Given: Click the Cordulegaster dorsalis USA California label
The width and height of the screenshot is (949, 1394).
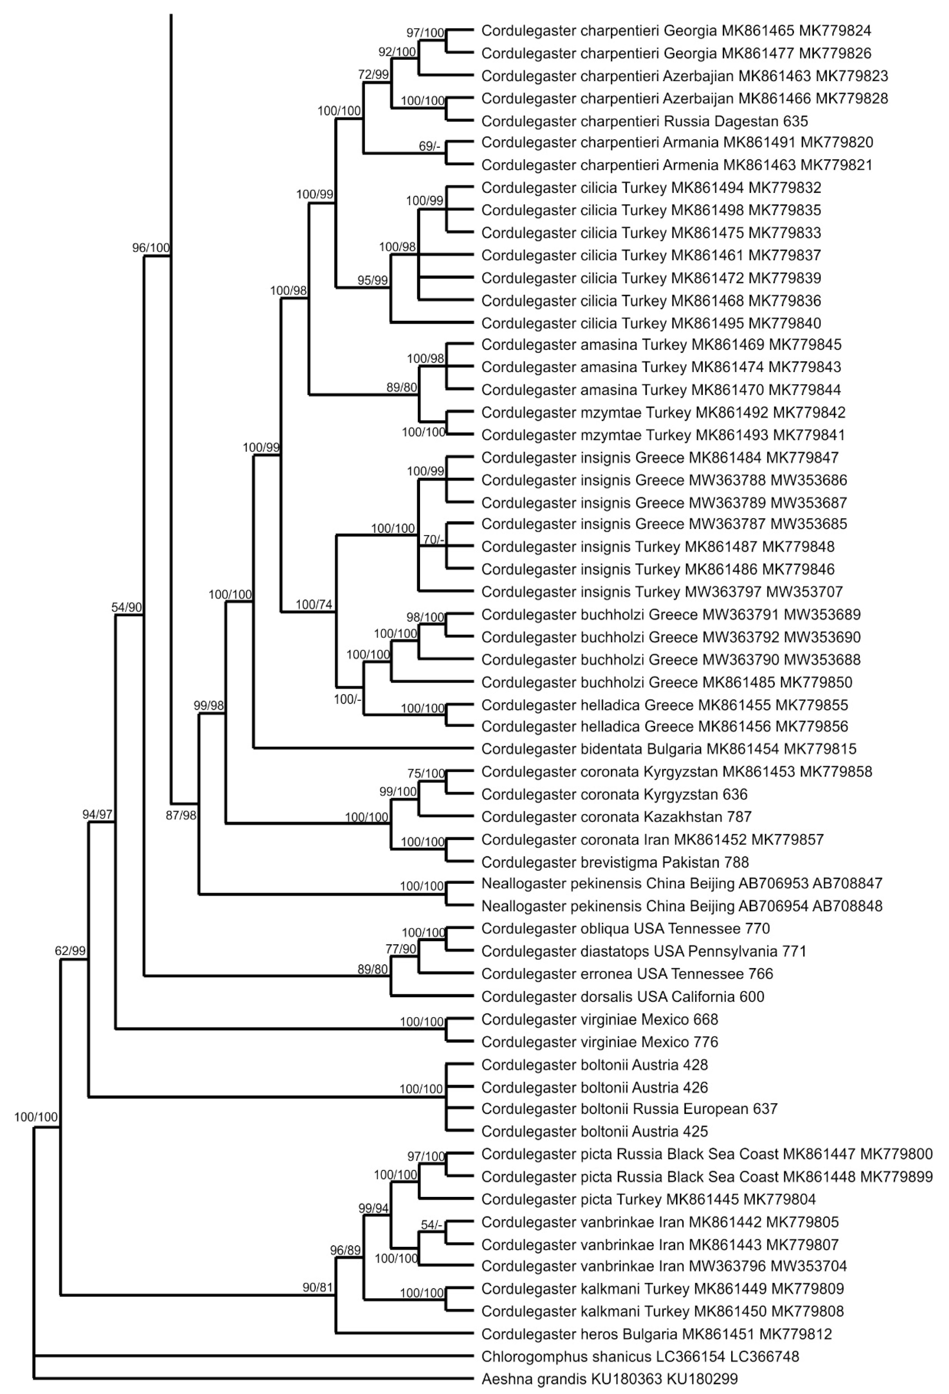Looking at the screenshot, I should [x=622, y=997].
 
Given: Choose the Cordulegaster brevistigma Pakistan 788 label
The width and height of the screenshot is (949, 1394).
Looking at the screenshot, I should [x=615, y=862].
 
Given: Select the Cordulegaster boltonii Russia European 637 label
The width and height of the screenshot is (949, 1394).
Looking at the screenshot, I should [x=629, y=1109].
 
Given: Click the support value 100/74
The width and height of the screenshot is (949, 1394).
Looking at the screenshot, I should [x=313, y=604].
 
